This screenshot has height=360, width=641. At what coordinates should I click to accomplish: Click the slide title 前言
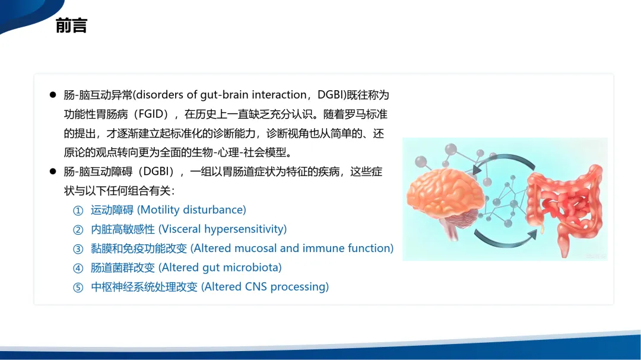tap(72, 26)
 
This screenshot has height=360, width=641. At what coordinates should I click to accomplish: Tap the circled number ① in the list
tap(78, 211)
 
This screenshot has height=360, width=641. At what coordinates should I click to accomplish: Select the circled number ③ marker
tap(78, 249)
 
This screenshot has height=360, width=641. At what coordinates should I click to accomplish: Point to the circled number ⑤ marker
tap(78, 287)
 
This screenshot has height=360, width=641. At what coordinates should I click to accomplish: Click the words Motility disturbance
tap(191, 209)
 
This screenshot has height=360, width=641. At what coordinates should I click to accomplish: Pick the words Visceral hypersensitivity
tap(223, 229)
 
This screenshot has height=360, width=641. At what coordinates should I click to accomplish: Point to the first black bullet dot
tap(53, 95)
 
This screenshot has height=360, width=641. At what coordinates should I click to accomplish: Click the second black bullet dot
tap(53, 171)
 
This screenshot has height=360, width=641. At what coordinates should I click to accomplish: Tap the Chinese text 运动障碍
tap(112, 209)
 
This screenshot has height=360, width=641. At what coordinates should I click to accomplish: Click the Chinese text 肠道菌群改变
tap(123, 267)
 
